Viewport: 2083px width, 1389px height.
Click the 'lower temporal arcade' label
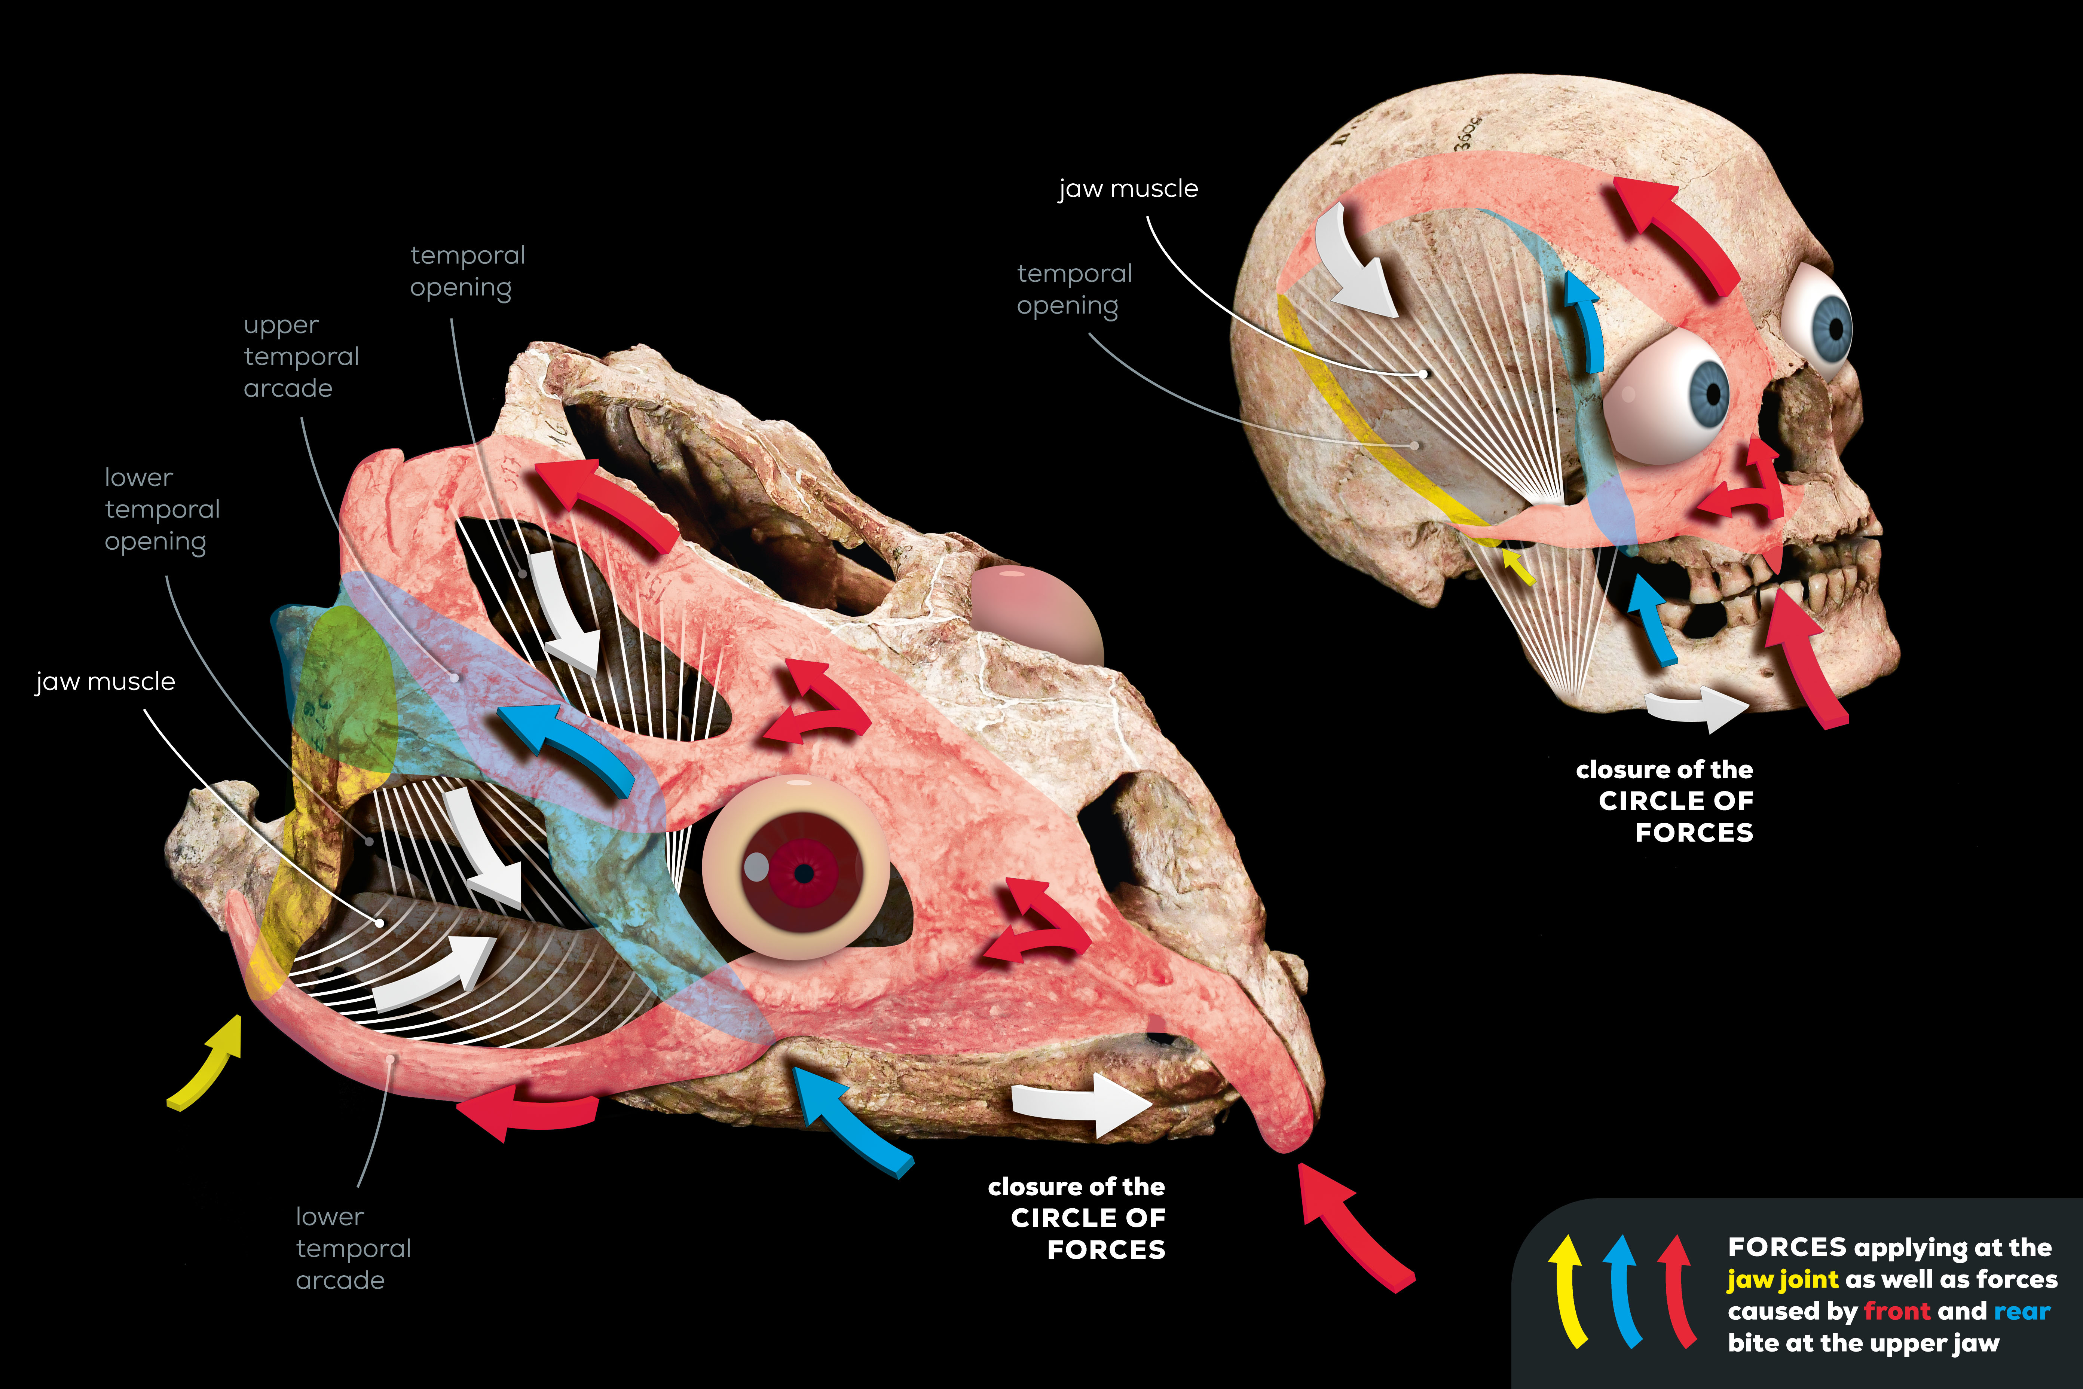point(352,1248)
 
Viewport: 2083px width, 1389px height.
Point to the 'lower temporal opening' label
point(162,509)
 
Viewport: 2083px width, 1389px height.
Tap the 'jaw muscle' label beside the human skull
point(1128,189)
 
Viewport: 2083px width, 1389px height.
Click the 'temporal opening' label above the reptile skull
point(467,271)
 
